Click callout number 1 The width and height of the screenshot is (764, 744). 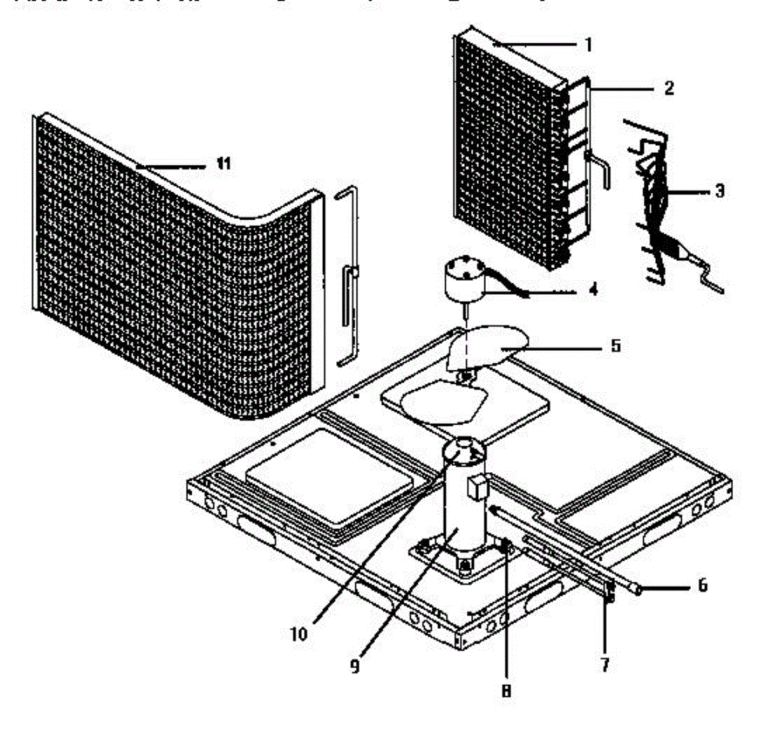coord(589,45)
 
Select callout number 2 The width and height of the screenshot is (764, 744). coord(668,88)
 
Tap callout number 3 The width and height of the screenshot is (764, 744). coord(719,190)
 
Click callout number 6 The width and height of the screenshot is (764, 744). coord(702,585)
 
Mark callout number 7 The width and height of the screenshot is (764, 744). coord(605,665)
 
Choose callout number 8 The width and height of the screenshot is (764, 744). coord(506,691)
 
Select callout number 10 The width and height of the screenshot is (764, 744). coord(299,634)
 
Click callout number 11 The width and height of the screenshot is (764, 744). coord(222,164)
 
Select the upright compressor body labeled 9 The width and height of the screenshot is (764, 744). coord(463,509)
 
